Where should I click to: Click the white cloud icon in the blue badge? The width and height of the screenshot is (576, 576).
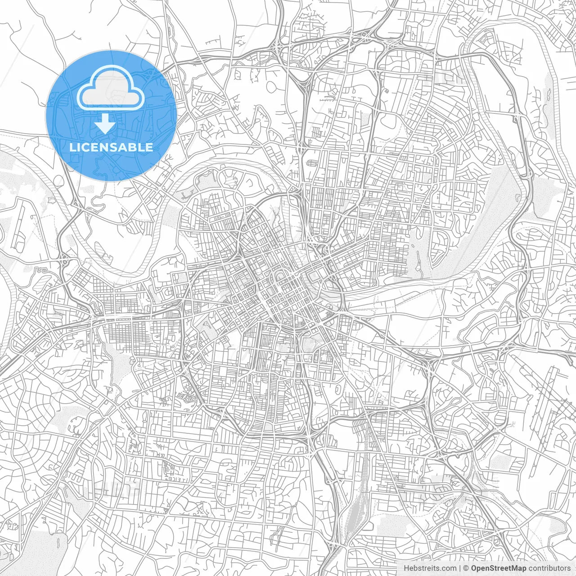coord(111,89)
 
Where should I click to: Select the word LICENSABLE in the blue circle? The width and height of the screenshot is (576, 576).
coord(111,147)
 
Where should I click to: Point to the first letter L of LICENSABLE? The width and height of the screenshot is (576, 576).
coord(72,147)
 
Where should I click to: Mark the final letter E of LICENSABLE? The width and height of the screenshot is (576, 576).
coord(149,147)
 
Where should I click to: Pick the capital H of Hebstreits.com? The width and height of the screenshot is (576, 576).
coord(406,568)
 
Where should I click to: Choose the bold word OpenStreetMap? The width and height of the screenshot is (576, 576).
coord(499,568)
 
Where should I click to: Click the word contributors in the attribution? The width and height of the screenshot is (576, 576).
coord(550,568)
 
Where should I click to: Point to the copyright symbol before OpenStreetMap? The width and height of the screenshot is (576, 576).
coord(467,568)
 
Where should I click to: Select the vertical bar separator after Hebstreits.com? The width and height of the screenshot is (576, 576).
coord(459,568)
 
